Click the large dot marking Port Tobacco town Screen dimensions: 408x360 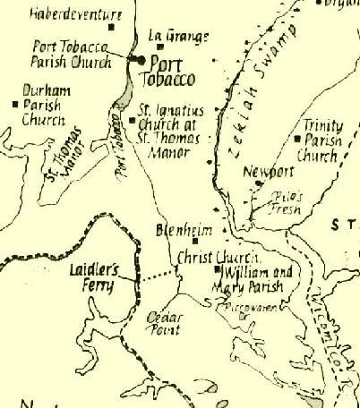(x=141, y=59)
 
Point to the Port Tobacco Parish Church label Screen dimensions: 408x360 (x=72, y=55)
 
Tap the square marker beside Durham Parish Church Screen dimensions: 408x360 (x=15, y=104)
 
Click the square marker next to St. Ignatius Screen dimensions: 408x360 (x=132, y=117)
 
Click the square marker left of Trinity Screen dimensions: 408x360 (x=296, y=139)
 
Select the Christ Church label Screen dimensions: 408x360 (x=212, y=256)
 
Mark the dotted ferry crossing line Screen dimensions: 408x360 (x=158, y=275)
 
